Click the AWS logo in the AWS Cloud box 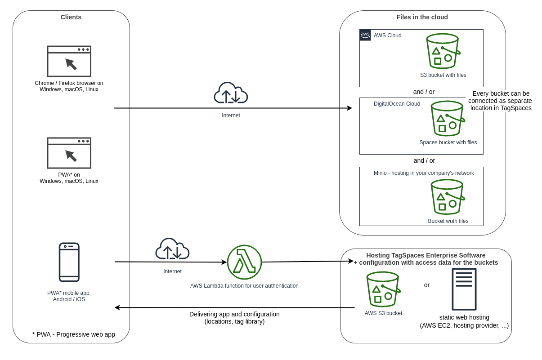pos(365,35)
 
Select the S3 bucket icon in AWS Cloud pos(443,51)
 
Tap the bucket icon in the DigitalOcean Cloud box pos(448,119)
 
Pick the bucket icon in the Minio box pos(448,197)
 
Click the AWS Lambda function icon pos(244,262)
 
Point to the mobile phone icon pos(69,262)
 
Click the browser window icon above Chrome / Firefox pos(69,62)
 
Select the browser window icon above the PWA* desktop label pos(69,153)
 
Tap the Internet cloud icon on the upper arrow pos(231,93)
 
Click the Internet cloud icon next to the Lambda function pos(172,249)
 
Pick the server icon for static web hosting pos(464,289)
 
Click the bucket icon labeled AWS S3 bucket pos(383,289)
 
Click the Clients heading pos(71,17)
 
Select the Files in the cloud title pos(422,17)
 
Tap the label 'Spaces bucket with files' pos(448,142)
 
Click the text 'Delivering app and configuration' pos(234,314)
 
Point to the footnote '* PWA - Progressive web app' pos(74,334)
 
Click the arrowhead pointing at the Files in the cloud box pos(349,108)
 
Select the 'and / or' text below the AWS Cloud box pos(424,92)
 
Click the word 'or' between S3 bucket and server pos(427,285)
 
